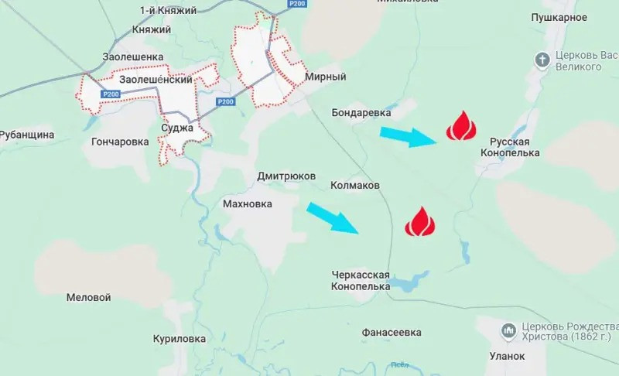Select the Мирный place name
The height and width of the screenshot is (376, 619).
(325, 77)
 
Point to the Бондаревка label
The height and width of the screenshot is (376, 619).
(361, 113)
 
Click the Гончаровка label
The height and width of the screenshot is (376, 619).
(120, 142)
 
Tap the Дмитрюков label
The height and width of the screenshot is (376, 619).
(286, 176)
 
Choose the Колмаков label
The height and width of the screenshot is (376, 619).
(354, 186)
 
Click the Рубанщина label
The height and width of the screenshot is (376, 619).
(26, 135)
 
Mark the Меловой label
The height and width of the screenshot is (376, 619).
(88, 297)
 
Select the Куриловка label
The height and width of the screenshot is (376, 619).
(179, 339)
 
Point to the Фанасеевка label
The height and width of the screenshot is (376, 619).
(392, 333)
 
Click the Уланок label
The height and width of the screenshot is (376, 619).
(507, 356)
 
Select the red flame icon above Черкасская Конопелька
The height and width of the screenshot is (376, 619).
(420, 222)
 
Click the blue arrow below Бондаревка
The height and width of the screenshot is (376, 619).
(409, 137)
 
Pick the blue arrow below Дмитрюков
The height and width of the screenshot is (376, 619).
(333, 217)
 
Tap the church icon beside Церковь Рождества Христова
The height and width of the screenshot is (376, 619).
(508, 331)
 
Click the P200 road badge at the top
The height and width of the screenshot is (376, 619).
(296, 5)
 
